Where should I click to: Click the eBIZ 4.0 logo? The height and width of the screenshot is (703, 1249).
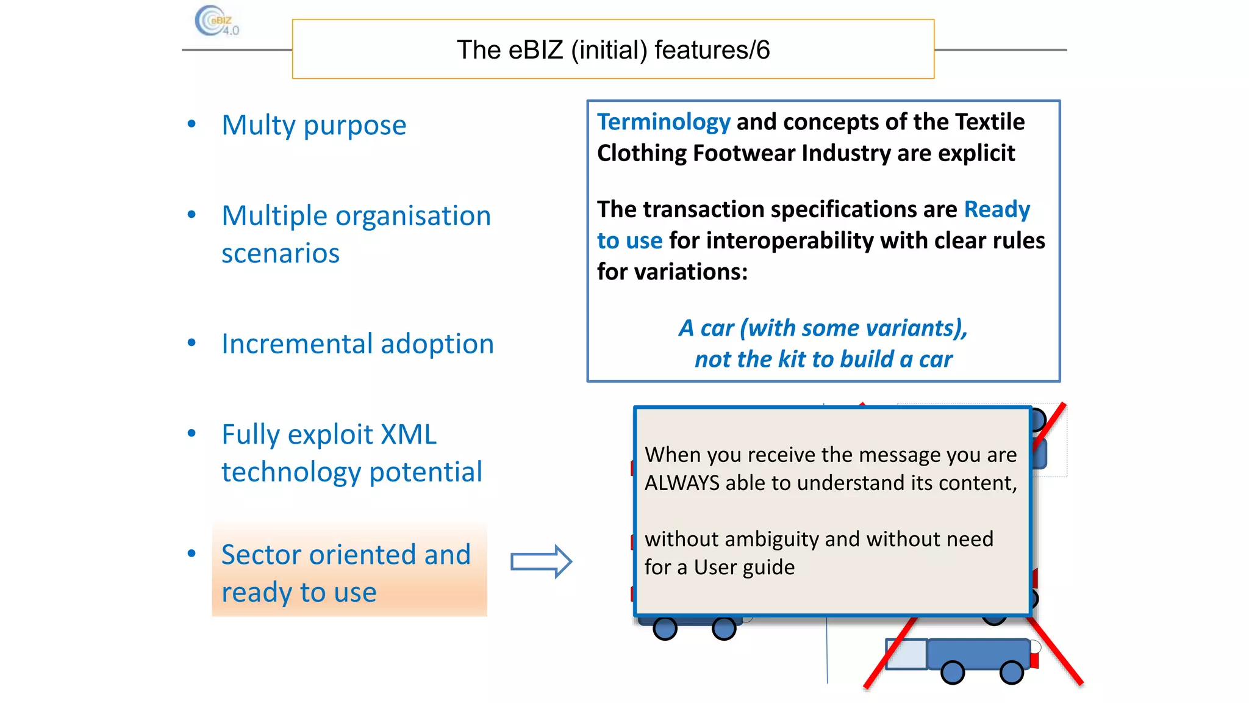pyautogui.click(x=217, y=21)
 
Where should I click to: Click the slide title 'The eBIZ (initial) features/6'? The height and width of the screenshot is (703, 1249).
pyautogui.click(x=613, y=49)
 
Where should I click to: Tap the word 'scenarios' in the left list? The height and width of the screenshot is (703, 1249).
pyautogui.click(x=280, y=253)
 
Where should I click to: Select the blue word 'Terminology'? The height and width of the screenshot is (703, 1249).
pyautogui.click(x=664, y=122)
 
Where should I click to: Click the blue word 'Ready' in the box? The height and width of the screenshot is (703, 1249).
pyautogui.click(x=997, y=209)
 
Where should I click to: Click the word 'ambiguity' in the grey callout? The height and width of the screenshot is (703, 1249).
pyautogui.click(x=771, y=539)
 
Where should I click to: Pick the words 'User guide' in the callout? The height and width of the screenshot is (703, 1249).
pyautogui.click(x=744, y=568)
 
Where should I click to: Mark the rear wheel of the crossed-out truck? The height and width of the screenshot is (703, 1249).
pyautogui.click(x=1012, y=672)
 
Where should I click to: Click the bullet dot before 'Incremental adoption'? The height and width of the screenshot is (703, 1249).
pyautogui.click(x=192, y=343)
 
